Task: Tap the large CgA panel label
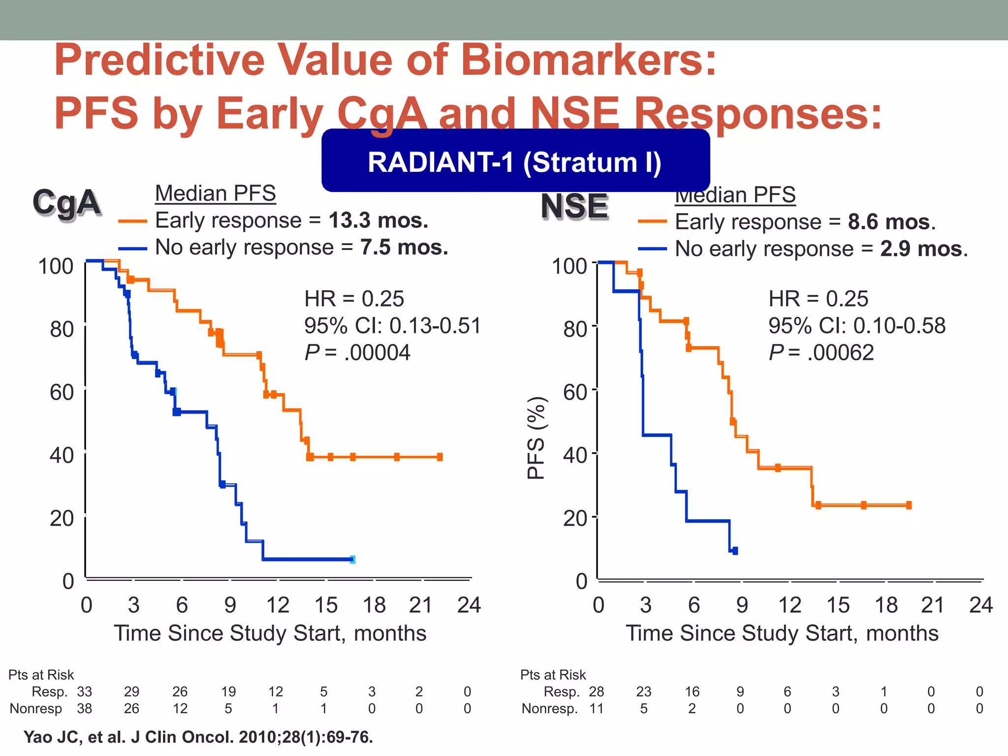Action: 66,202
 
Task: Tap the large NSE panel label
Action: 574,206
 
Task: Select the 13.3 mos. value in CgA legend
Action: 378,220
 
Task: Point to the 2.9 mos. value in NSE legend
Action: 923,249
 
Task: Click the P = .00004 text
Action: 357,352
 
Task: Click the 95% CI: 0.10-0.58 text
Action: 857,326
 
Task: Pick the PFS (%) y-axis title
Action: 535,438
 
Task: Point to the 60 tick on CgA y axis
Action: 62,392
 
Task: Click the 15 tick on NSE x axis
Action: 838,605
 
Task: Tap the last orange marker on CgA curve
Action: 440,457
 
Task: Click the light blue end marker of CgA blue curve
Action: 352,559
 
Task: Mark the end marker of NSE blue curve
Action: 735,551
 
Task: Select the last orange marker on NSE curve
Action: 909,505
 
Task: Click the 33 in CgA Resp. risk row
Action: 84,692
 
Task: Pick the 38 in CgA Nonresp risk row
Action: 84,709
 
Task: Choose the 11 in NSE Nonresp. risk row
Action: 596,709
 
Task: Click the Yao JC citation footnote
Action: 198,737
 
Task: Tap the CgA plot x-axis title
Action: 270,633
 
